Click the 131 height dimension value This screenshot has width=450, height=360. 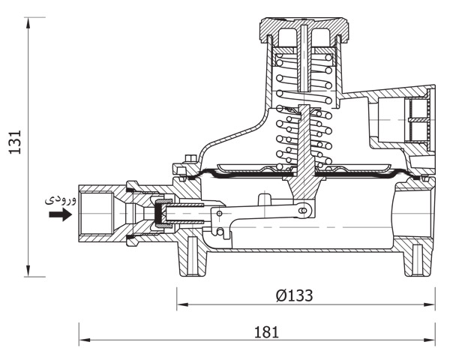(x=15, y=142)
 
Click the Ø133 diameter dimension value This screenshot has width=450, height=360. (x=294, y=295)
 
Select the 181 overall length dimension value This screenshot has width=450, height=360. (x=266, y=332)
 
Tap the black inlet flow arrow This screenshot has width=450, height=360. (x=60, y=214)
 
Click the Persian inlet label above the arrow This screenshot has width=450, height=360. (x=61, y=199)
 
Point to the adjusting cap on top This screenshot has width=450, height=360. (x=304, y=29)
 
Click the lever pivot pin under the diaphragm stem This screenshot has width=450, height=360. (x=303, y=211)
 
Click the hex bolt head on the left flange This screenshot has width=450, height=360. (x=190, y=158)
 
